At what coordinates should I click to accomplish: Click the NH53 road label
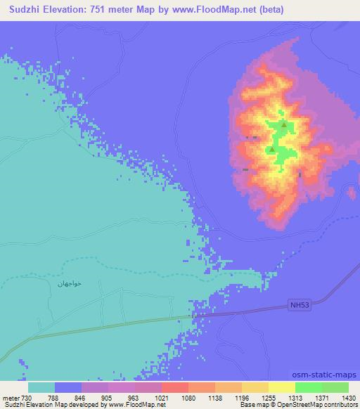[x=299, y=304]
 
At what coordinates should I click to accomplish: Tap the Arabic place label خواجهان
[x=70, y=283]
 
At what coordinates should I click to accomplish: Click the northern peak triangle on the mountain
[x=283, y=124]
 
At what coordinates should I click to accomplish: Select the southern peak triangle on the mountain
[x=271, y=149]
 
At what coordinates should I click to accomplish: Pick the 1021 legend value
[x=161, y=397]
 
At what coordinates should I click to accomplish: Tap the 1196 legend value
[x=242, y=397]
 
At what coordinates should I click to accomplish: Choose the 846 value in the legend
[x=82, y=397]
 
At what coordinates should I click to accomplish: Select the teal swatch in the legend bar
[x=41, y=387]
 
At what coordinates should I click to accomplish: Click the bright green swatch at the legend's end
[x=335, y=387]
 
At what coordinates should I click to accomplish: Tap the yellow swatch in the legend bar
[x=255, y=387]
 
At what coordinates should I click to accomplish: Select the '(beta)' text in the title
[x=267, y=9]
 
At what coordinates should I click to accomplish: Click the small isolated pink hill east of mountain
[x=353, y=193]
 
